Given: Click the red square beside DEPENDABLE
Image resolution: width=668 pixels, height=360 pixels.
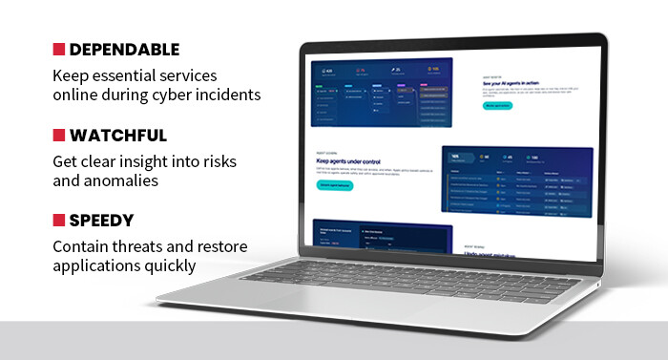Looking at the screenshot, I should coord(59,50).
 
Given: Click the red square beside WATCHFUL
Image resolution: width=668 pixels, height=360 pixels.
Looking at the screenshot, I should coord(59,136).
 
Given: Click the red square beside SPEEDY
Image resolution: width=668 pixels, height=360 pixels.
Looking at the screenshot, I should coord(59,221).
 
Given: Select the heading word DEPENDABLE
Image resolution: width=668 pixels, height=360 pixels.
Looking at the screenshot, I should coord(124,50).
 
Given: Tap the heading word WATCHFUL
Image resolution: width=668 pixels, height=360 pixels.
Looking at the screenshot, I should coord(117,136).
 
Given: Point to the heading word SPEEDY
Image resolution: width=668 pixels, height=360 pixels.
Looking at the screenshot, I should coord(103,221).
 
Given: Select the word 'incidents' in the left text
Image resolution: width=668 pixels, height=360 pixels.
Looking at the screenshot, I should coord(232,95).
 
